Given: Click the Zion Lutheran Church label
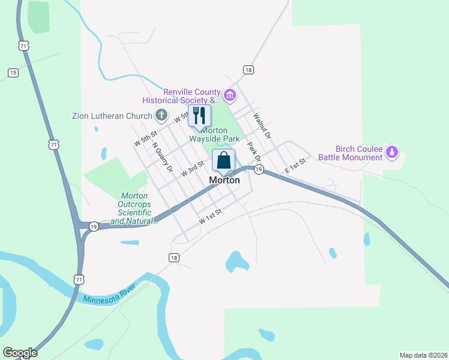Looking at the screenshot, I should click(112, 116).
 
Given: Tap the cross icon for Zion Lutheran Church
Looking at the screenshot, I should click(161, 115).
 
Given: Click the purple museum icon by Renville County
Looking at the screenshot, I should click(229, 95).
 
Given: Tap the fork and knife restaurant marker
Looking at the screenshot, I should click(199, 116).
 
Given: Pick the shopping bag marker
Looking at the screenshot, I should click(223, 161).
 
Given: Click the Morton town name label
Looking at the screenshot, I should click(224, 180).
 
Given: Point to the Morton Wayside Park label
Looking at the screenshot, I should click(220, 134).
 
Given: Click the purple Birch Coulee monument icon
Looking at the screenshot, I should click(392, 152).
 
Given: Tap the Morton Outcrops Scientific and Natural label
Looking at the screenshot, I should click(134, 208).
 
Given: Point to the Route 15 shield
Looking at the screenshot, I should click(13, 73).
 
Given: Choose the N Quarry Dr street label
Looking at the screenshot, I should click(162, 157).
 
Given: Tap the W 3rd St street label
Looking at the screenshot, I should click(193, 169).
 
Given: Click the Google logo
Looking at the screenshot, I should click(20, 353).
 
